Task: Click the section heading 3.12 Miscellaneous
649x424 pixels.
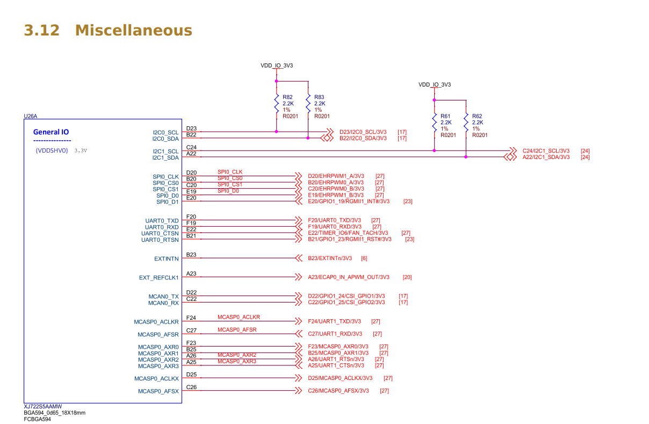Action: (x=108, y=30)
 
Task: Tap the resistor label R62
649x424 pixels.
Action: (x=477, y=116)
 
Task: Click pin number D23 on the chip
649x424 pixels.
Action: (x=191, y=128)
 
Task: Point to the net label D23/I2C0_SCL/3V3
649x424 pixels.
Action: (x=363, y=132)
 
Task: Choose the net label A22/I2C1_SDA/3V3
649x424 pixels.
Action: (x=546, y=157)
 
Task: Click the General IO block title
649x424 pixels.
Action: (x=51, y=132)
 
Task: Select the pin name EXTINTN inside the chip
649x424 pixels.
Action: (x=167, y=258)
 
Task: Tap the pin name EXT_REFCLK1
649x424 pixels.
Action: (x=159, y=278)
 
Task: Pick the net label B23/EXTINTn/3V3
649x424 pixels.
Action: (x=330, y=258)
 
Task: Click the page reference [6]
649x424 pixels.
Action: (x=364, y=258)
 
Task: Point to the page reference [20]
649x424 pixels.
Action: (x=407, y=277)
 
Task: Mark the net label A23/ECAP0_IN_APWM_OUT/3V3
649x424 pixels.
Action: (x=348, y=277)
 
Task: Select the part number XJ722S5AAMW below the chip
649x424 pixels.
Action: (x=43, y=407)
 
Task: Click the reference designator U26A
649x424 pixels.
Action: (x=31, y=116)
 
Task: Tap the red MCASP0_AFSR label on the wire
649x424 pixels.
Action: (x=237, y=329)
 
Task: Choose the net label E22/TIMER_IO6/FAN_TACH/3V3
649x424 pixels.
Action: (x=348, y=233)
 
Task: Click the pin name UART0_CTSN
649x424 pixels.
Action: (x=160, y=233)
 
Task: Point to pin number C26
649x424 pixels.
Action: (x=191, y=387)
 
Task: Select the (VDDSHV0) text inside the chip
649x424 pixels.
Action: (x=52, y=151)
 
